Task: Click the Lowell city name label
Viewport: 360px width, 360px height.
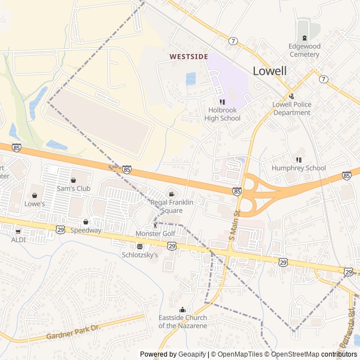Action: (269, 71)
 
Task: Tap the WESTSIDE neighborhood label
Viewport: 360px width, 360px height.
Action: (189, 57)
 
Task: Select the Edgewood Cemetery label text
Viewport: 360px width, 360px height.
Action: (304, 51)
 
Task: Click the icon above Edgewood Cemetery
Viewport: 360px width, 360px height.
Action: (304, 38)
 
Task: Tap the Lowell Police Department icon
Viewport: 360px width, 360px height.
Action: (291, 96)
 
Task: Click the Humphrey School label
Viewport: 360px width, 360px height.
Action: (299, 168)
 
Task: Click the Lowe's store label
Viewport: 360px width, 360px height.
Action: (35, 204)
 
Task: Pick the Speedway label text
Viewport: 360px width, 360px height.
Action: (85, 230)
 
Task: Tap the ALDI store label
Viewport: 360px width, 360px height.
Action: (19, 239)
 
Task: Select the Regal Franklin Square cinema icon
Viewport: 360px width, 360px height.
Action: (172, 194)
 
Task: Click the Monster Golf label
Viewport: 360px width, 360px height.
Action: (155, 233)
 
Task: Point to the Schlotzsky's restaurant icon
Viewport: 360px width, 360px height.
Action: (139, 246)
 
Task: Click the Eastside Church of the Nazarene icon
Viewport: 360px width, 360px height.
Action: (182, 309)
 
